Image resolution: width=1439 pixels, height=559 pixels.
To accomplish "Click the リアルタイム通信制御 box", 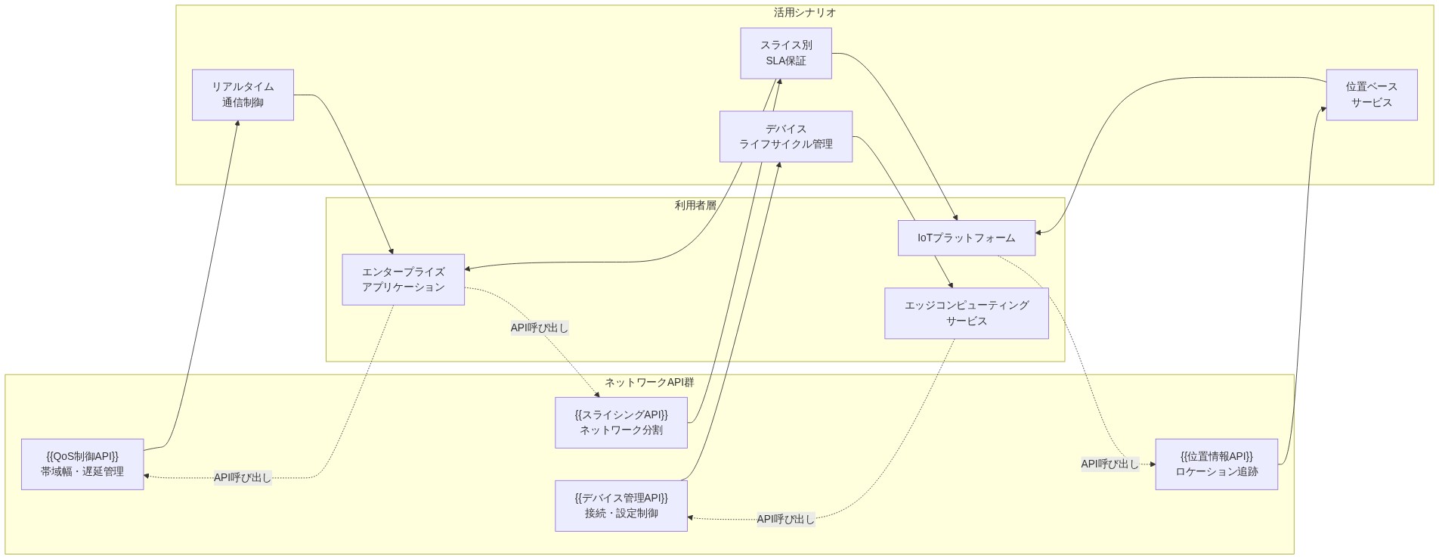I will point(243,95).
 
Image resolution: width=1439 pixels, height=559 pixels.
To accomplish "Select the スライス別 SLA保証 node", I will point(785,53).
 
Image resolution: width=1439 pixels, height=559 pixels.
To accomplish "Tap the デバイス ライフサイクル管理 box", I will point(785,136).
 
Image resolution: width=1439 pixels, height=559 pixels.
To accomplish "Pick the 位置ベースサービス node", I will point(1371,95).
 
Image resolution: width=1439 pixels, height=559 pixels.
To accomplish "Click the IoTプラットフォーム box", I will point(966,238).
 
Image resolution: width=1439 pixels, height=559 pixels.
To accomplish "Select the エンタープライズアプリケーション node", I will point(403,279).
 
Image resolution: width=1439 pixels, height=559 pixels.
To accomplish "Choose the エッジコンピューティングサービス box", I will point(966,312).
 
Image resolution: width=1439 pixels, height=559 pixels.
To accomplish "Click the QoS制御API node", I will point(82,464).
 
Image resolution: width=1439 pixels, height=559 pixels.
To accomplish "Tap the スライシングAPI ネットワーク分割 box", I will point(620,422).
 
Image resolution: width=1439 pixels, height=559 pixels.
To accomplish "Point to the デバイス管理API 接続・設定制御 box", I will point(620,505).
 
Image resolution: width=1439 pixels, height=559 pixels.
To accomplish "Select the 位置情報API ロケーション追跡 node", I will point(1216,464).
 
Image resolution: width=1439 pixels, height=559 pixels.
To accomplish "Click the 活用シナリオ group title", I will point(804,13).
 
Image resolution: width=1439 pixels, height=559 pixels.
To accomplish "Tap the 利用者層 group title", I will point(695,205).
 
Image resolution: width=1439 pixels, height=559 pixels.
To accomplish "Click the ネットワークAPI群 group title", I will point(649,382).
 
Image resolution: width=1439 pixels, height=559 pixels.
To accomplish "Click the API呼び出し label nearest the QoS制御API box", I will point(242,477).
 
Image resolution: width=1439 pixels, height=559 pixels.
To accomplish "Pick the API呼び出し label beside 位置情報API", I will point(1109,464).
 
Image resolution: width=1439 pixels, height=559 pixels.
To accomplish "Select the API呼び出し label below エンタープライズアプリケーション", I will point(539,328).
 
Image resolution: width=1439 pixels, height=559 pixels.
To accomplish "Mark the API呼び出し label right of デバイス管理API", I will point(785,519).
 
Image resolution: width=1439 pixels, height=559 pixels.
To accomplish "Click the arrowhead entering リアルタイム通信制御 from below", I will point(237,124).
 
